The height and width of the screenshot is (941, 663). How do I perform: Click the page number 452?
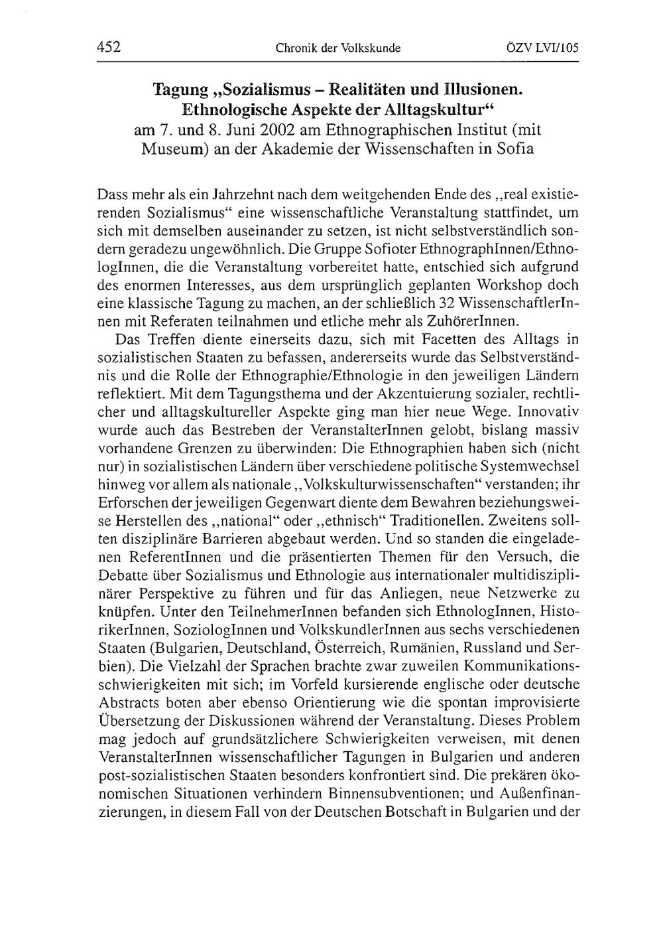click(108, 47)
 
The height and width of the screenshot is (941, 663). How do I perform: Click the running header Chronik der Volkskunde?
click(338, 48)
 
